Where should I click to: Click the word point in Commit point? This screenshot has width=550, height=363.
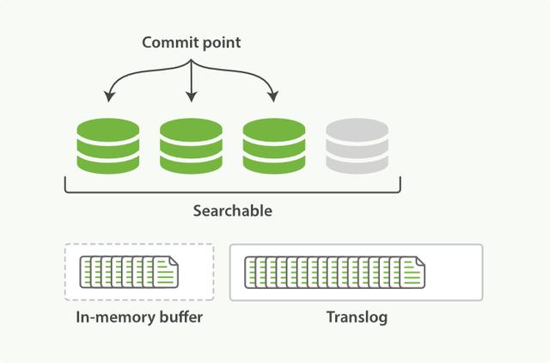[x=218, y=43]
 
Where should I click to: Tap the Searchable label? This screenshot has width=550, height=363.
[x=232, y=209]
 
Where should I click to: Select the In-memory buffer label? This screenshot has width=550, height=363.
[x=139, y=317]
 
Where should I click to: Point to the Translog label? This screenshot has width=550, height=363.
[x=357, y=317]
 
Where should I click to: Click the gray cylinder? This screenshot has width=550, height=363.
[x=357, y=144]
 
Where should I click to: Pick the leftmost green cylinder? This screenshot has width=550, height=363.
[x=107, y=144]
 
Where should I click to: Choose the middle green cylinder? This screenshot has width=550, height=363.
[x=191, y=144]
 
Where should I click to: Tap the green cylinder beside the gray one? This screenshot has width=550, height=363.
[x=273, y=144]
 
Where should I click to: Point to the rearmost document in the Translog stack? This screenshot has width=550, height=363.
[x=251, y=272]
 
